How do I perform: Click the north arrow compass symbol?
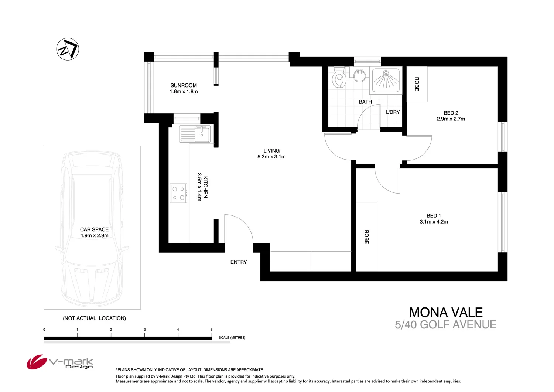click(x=68, y=49)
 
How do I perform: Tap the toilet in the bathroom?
click(x=339, y=78)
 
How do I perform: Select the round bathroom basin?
click(x=359, y=76)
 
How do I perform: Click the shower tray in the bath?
click(x=386, y=80)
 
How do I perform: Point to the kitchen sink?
click(x=195, y=134)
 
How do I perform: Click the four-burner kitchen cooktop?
click(x=179, y=193)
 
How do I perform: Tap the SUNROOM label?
click(x=184, y=85)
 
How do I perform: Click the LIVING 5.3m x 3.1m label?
click(x=271, y=154)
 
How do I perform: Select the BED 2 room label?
click(x=451, y=113)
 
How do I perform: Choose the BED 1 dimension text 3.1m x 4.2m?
click(x=434, y=222)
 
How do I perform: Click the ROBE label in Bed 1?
click(x=366, y=237)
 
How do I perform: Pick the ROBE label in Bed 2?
click(x=417, y=84)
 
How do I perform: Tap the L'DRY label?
click(x=393, y=112)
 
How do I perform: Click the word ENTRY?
click(x=239, y=262)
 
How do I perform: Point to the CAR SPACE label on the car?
click(x=94, y=229)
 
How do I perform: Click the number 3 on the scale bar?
click(x=144, y=330)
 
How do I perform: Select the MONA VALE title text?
click(x=446, y=313)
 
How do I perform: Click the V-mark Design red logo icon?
click(x=37, y=362)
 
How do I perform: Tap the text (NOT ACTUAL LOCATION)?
click(x=94, y=318)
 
